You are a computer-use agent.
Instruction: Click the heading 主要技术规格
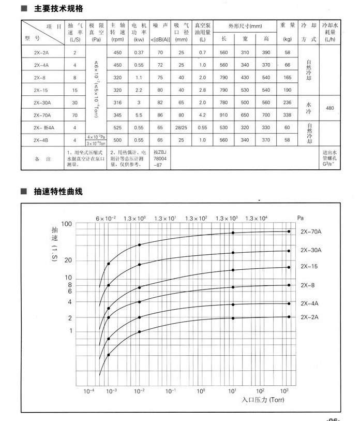click(x=58, y=9)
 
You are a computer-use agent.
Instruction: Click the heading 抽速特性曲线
click(x=58, y=192)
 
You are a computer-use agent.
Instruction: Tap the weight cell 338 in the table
click(x=288, y=115)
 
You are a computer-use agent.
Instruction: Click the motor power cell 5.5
click(x=139, y=115)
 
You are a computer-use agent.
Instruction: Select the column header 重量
click(x=288, y=25)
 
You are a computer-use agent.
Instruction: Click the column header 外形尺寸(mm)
click(x=245, y=25)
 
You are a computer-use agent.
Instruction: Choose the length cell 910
click(x=223, y=115)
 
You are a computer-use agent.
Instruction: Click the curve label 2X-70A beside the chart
click(x=311, y=231)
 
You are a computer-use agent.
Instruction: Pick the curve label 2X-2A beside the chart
click(x=309, y=316)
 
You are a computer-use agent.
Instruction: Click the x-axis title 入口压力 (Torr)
click(x=263, y=400)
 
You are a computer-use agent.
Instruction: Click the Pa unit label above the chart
click(x=301, y=217)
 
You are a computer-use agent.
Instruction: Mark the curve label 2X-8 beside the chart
click(x=308, y=285)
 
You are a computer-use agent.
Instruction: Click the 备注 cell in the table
click(x=43, y=159)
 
